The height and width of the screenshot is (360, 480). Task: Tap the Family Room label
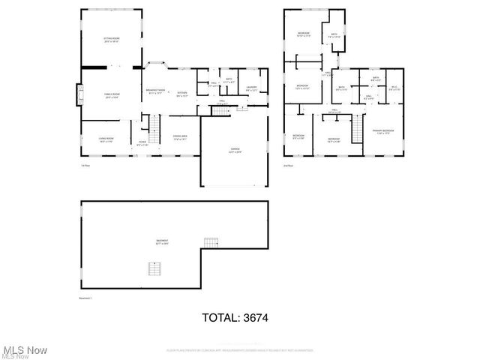112,95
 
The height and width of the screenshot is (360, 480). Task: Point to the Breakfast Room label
155,91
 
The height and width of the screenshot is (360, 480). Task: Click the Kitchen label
182,94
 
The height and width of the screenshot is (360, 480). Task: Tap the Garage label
235,151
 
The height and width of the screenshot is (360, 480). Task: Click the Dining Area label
179,138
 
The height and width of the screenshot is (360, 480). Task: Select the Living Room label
106,140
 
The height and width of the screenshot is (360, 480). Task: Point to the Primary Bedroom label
383,132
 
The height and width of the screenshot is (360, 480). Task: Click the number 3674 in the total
253,318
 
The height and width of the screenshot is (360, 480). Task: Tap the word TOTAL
218,318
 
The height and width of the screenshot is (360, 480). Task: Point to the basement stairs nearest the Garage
211,241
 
